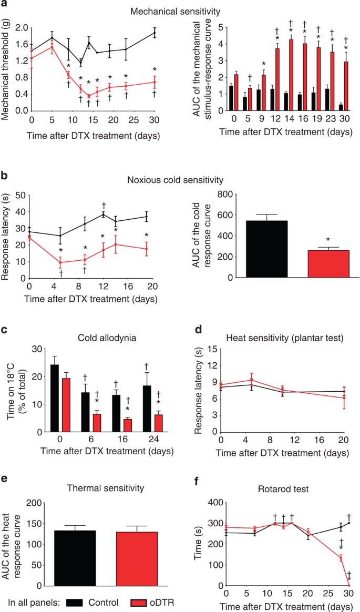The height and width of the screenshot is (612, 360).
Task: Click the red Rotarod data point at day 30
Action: coord(349,585)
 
